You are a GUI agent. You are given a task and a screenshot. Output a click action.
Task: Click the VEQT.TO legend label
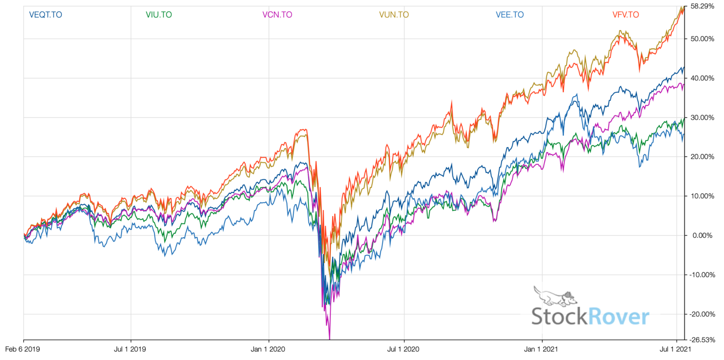tap(45, 15)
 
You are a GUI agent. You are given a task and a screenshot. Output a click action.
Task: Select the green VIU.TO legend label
tap(159, 15)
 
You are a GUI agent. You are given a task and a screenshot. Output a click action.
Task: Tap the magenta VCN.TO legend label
tap(278, 15)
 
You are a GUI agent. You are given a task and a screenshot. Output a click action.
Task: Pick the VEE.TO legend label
tap(510, 15)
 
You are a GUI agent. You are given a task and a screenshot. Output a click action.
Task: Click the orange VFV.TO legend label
tap(625, 15)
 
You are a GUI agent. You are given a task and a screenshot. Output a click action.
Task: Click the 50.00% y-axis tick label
tap(701, 39)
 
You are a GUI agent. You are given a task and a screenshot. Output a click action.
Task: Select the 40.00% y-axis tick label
tap(701, 78)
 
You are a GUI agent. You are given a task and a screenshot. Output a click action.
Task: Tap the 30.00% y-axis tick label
tap(701, 117)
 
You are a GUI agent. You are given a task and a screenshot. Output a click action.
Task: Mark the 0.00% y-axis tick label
tap(702, 235)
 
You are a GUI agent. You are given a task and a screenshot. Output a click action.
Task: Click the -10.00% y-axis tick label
tap(700, 275)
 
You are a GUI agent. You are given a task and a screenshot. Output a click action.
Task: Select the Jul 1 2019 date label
tap(131, 350)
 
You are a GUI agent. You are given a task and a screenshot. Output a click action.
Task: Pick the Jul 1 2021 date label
tap(676, 350)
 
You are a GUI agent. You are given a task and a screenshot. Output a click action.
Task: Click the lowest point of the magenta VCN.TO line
tap(329, 338)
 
